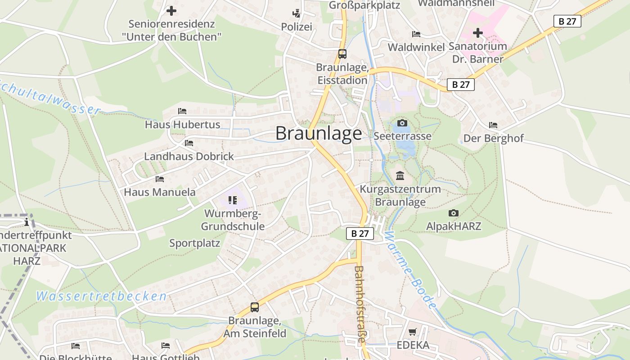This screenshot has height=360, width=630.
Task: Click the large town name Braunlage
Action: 318,134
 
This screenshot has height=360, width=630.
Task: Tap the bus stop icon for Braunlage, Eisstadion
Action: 342,54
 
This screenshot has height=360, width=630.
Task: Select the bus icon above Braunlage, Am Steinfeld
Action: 255,307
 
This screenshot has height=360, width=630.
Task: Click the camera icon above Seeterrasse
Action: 402,123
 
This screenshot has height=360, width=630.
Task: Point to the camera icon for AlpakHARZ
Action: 454,213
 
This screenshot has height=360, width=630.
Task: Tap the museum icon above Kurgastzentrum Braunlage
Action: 400,175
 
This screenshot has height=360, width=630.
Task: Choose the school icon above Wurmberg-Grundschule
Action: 232,200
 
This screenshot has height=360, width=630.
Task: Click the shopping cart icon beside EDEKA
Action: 413,332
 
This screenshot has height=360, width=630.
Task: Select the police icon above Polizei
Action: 296,13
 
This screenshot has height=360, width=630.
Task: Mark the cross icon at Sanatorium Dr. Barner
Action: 478,33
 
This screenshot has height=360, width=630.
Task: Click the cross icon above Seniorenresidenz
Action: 171,11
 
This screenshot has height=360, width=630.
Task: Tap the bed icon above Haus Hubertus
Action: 182,111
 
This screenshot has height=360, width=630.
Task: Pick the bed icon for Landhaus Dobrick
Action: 189,143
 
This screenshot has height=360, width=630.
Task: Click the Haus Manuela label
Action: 160,192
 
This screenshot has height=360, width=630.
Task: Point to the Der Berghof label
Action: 494,138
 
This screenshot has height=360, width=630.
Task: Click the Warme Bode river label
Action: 410,270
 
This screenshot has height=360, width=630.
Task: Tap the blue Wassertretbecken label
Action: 101,296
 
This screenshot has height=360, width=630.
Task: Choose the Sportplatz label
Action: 194,243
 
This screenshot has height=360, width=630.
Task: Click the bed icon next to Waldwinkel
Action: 416,34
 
